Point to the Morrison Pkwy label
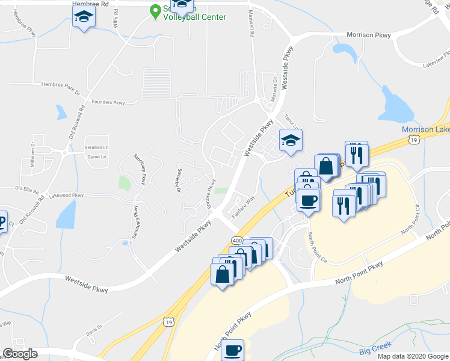click(367, 35)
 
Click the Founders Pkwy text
click(108, 103)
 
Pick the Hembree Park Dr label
click(60, 88)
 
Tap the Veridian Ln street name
click(96, 147)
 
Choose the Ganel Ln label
click(96, 157)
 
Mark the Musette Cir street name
click(273, 91)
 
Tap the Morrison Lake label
click(425, 130)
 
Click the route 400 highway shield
click(236, 241)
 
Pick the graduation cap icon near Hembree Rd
click(84, 18)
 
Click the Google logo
click(20, 353)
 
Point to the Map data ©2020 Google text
click(412, 356)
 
